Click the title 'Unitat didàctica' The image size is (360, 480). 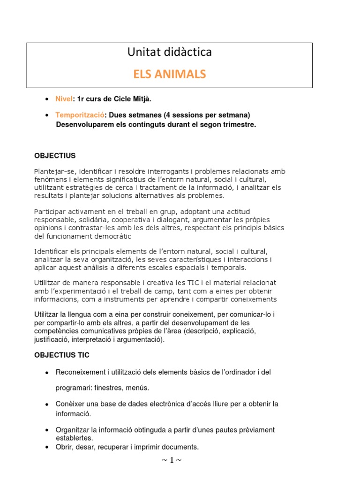pos(169,52)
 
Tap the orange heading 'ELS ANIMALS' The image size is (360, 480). pos(169,75)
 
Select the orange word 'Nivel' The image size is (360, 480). pos(64,99)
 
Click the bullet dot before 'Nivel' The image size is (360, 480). pos(47,99)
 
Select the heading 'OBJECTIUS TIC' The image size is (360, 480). pos(61,355)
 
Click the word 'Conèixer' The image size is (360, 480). pos(70,404)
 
